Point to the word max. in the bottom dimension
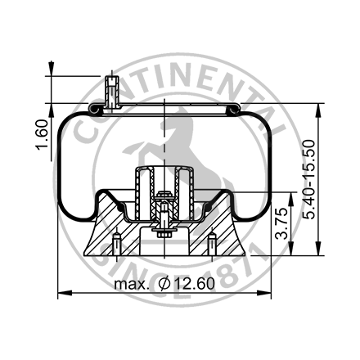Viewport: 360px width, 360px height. (132, 284)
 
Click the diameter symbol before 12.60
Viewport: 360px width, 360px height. (164, 284)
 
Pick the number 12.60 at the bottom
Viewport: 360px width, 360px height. (193, 284)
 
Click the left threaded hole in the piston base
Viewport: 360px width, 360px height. (119, 245)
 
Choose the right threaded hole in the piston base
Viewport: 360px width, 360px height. (212, 245)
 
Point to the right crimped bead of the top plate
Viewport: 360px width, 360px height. (232, 107)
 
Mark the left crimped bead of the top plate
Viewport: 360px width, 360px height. (97, 107)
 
